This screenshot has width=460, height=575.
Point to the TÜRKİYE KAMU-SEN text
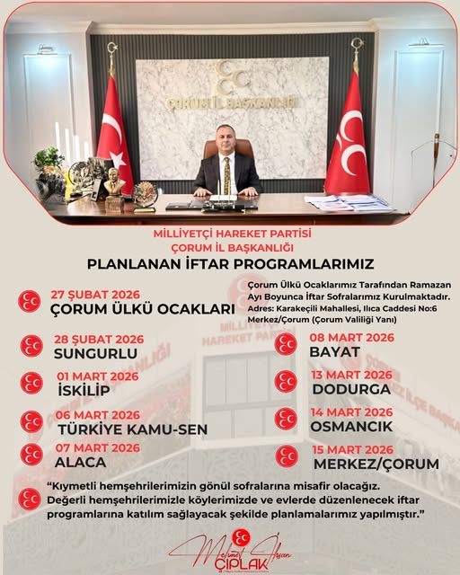(x=131, y=429)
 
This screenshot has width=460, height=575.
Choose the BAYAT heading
(x=335, y=351)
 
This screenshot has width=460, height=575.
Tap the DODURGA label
(x=351, y=389)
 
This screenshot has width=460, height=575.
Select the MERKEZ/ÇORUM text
(x=376, y=464)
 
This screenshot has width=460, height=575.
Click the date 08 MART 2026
(x=352, y=338)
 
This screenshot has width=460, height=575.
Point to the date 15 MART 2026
(x=352, y=449)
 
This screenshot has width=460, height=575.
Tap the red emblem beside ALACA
(x=31, y=455)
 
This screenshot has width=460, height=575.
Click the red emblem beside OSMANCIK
(x=286, y=419)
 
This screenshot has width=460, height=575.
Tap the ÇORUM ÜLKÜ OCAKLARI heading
(x=143, y=310)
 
